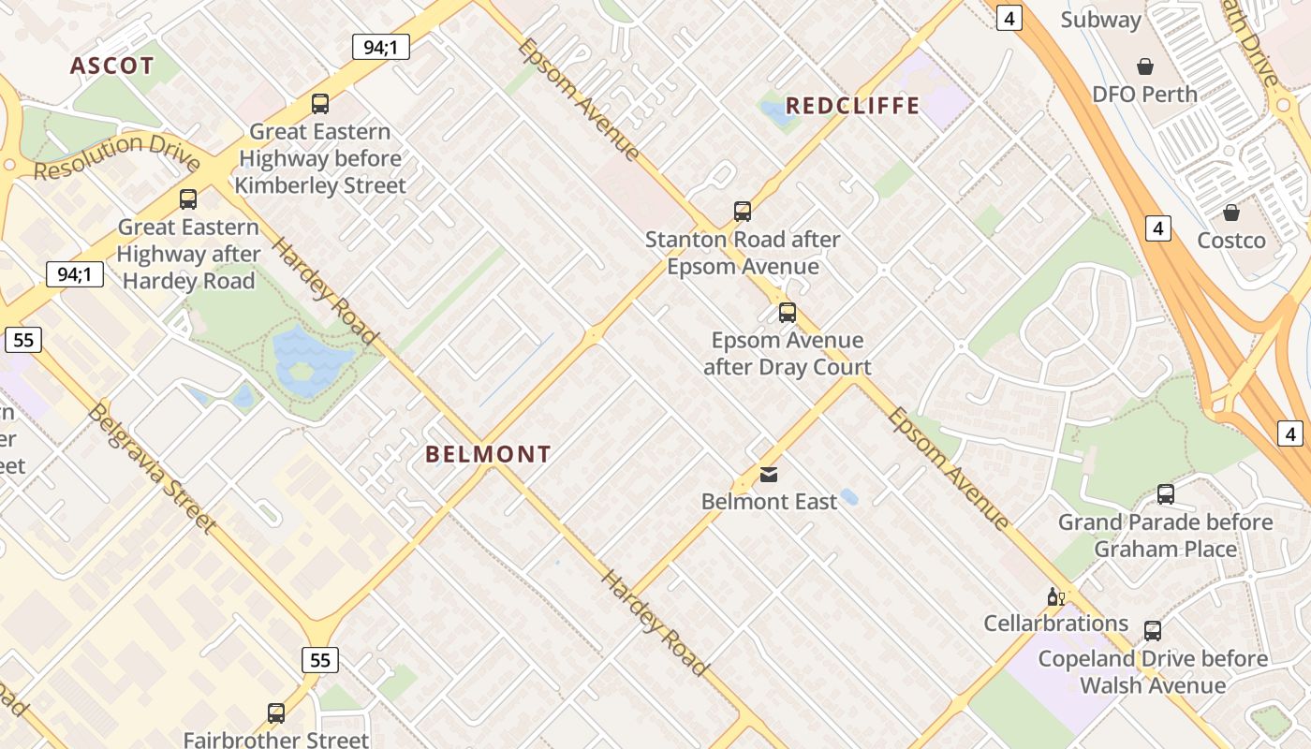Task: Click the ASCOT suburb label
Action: pos(111,66)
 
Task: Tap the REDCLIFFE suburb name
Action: pos(852,106)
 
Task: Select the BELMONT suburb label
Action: pos(488,455)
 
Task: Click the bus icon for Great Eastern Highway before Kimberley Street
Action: pos(320,104)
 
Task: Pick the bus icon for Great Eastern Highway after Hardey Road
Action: pos(188,199)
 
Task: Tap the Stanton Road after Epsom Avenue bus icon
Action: pos(743,212)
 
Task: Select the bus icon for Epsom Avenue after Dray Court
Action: pos(788,313)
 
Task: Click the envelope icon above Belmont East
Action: pos(769,475)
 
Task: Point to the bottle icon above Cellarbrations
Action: pos(1055,596)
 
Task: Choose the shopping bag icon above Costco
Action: pos(1231,213)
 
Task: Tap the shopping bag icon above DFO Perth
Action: pos(1144,66)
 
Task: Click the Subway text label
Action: pos(1100,20)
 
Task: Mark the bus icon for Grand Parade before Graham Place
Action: pos(1166,494)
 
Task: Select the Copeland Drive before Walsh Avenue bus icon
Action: pos(1153,631)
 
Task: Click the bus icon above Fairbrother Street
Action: pos(276,713)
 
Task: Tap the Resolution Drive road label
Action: pos(117,155)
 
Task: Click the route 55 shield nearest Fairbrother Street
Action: pos(320,660)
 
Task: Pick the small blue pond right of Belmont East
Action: pos(849,497)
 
